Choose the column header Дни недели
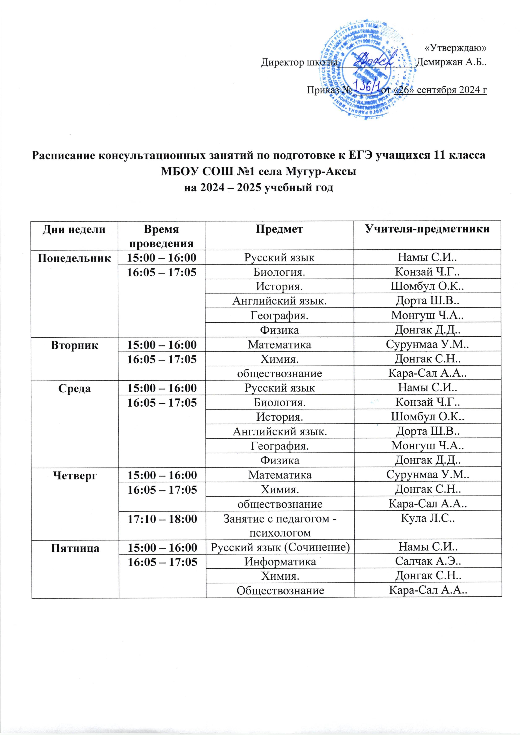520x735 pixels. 75,229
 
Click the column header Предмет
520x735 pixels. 279,229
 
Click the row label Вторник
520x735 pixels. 75,345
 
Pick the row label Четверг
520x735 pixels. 75,475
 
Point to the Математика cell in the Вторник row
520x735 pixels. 279,345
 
